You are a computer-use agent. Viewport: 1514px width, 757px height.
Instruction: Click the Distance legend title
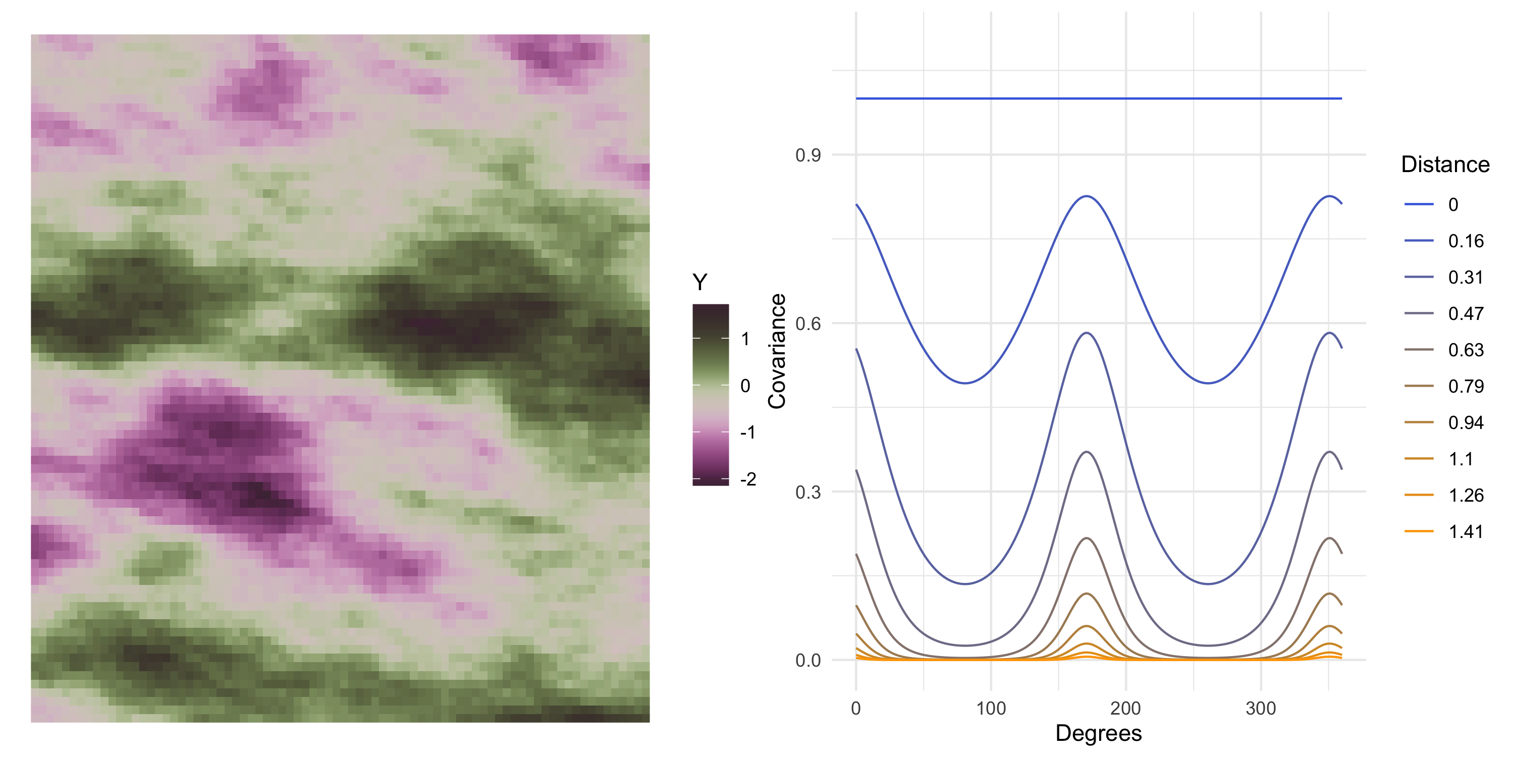[1445, 165]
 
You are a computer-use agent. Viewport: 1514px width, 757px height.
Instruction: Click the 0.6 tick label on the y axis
[807, 324]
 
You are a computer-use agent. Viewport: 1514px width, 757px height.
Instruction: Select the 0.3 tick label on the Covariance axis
[807, 493]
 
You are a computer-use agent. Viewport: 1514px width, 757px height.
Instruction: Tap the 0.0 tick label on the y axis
[807, 661]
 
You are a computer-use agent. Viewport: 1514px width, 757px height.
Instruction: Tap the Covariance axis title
[777, 351]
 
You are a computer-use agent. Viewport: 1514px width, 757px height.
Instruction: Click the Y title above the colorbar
[699, 283]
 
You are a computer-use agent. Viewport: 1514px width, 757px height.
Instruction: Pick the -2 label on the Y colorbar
[747, 479]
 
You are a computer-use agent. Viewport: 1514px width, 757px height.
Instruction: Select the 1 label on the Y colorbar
[745, 339]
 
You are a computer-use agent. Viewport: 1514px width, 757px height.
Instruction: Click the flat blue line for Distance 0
[1099, 98]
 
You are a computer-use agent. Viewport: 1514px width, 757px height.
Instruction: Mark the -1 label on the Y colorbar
[747, 432]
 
